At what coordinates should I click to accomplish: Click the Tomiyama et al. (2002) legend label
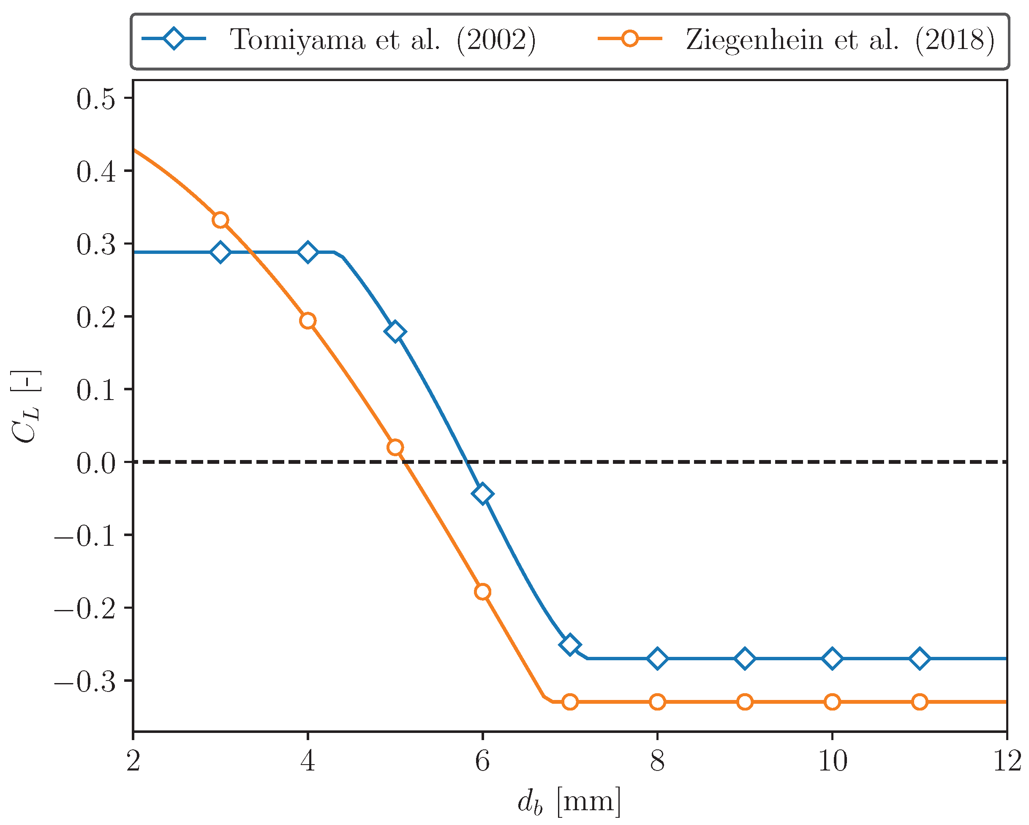tap(382, 40)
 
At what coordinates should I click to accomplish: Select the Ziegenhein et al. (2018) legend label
tap(840, 40)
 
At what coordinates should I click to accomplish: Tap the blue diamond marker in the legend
tap(174, 38)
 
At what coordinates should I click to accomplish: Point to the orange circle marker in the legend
tap(630, 38)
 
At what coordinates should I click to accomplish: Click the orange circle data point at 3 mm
tap(220, 220)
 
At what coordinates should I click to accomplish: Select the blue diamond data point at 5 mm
tap(395, 331)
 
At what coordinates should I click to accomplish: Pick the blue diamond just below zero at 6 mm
tap(482, 493)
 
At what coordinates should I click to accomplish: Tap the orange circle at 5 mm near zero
tap(395, 447)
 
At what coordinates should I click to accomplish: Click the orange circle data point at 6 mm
tap(482, 592)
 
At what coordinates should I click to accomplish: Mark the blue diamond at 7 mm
tap(570, 645)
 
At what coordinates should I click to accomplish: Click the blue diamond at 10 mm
tap(832, 659)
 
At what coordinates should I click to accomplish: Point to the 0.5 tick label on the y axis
tap(96, 99)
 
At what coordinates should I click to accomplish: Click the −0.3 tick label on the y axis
tap(85, 682)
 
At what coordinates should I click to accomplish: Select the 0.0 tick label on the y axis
tap(96, 463)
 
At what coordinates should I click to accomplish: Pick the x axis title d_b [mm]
tap(569, 802)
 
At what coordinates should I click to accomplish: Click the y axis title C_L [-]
tap(26, 406)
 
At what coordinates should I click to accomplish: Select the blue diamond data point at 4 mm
tap(308, 252)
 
